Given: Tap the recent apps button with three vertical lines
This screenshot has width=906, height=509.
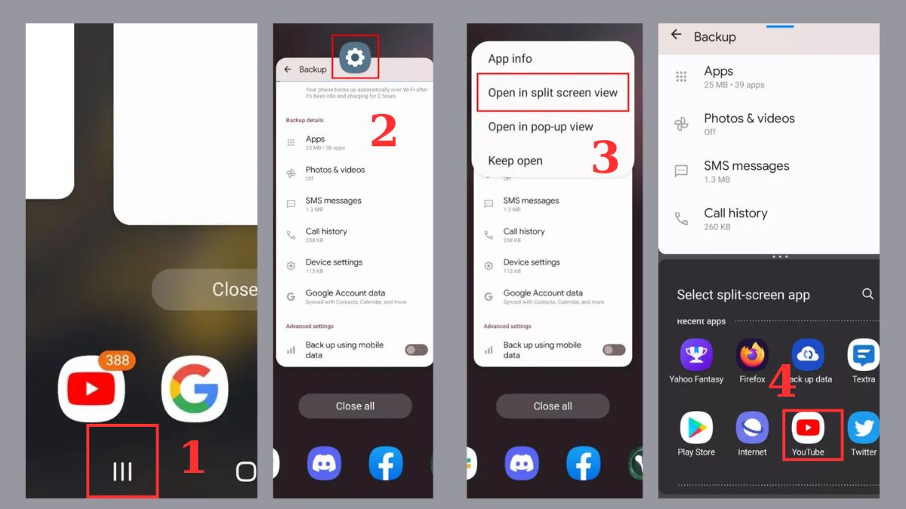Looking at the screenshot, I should click(122, 471).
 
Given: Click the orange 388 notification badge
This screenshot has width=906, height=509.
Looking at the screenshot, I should click(117, 360).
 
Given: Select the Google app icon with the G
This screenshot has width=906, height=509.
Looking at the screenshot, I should click(194, 388).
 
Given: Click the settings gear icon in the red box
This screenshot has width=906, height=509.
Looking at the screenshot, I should click(355, 57).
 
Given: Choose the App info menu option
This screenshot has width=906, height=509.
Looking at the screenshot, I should click(510, 59).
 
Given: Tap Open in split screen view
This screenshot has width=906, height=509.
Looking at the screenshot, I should click(553, 93).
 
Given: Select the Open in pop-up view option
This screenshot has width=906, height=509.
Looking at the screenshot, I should click(541, 127).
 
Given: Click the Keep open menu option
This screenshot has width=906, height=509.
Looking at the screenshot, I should click(515, 161).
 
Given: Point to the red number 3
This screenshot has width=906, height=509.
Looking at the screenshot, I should click(605, 158).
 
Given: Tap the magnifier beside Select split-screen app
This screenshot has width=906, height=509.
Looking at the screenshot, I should click(867, 294).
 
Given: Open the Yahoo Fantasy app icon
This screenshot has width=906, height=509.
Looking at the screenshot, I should click(696, 355).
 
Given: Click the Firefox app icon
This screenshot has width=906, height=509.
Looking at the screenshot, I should click(752, 355).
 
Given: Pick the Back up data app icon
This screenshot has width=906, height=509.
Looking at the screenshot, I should click(807, 355).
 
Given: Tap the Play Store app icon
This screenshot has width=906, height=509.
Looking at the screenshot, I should click(696, 428).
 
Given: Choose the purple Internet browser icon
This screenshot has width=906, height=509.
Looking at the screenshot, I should click(752, 428).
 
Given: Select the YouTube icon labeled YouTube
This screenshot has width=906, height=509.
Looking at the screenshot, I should click(808, 428).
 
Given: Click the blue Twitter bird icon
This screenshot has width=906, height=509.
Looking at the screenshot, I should click(863, 428).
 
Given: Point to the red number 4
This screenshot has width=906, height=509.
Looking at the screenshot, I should click(782, 383).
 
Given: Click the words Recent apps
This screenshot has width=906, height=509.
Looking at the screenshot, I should click(701, 321).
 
